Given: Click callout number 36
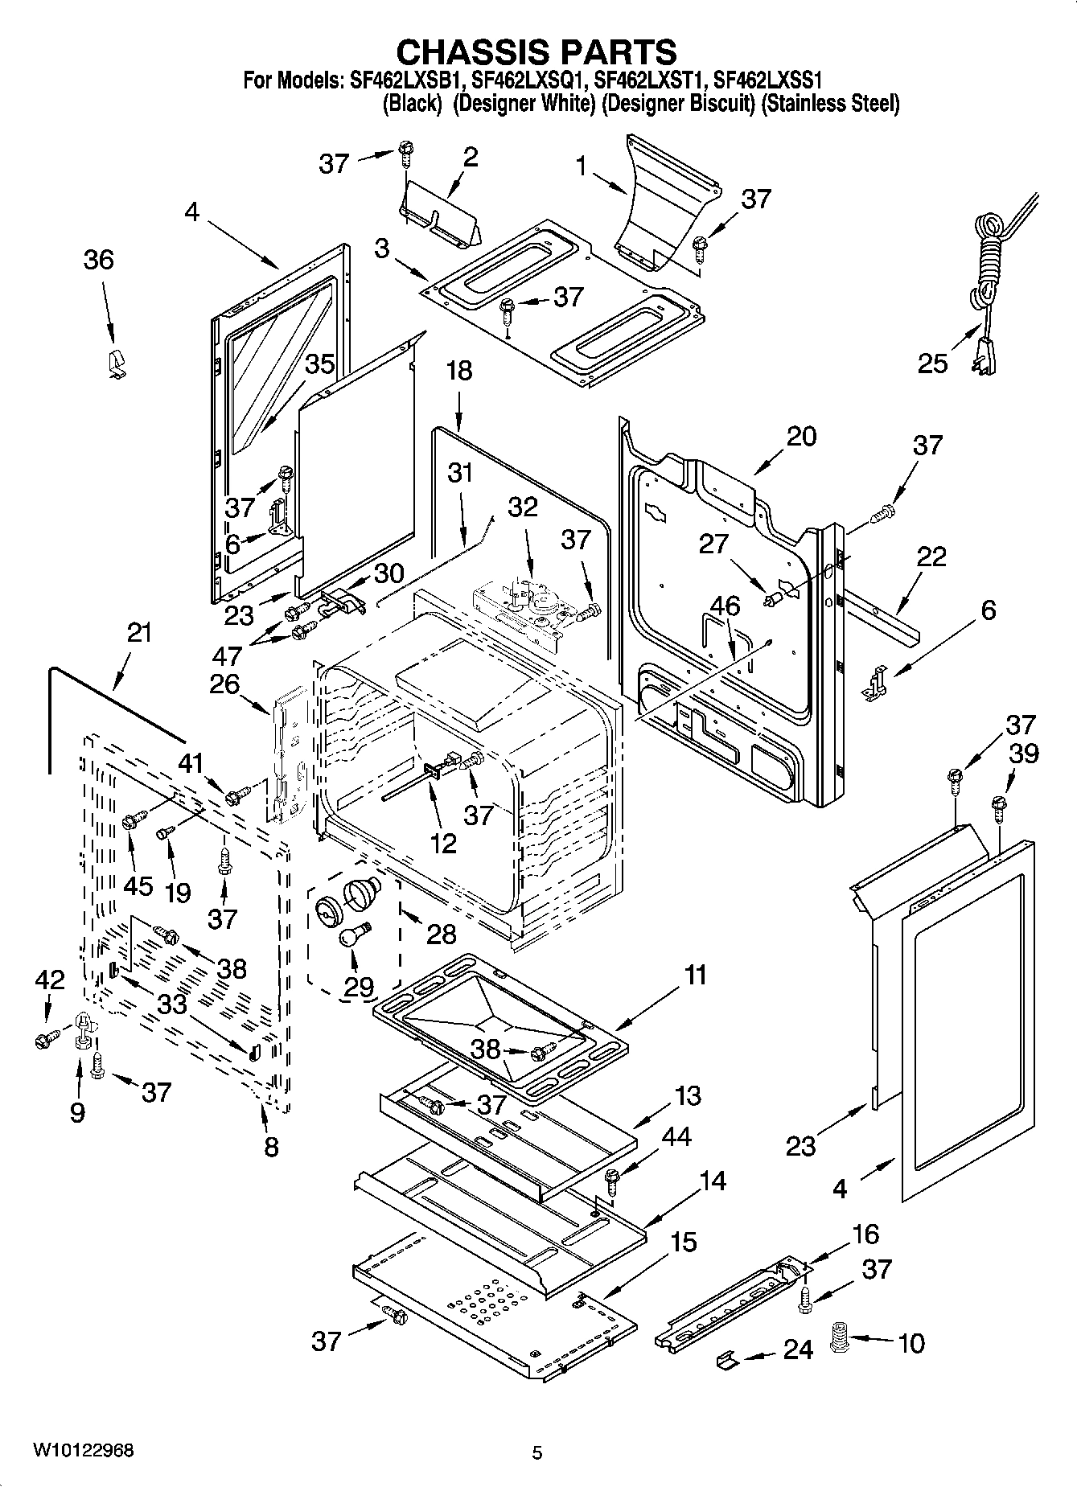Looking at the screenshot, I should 99,260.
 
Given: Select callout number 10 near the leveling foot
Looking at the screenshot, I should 911,1343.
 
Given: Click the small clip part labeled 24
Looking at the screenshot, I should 726,1358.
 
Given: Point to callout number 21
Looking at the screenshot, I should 138,633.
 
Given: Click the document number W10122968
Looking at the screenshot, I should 84,1450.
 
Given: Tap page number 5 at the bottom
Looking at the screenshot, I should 537,1452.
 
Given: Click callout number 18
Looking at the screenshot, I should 459,372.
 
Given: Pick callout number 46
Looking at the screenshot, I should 726,606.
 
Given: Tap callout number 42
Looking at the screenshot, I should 49,980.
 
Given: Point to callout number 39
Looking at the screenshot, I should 1022,754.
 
